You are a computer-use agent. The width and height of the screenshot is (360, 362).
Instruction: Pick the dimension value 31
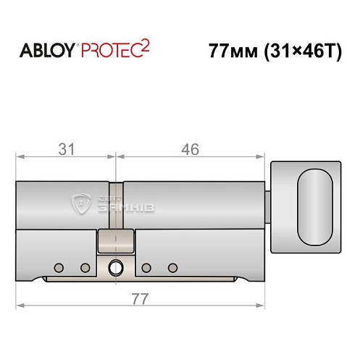pyautogui.click(x=66, y=149)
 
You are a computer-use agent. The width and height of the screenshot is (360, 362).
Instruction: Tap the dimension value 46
pyautogui.click(x=190, y=149)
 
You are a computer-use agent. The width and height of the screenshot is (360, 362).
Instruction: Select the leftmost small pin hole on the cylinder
pyautogui.click(x=59, y=268)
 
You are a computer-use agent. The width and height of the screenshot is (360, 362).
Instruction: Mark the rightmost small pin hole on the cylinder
pyautogui.click(x=172, y=268)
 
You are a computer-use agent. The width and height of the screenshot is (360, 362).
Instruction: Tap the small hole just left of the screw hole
pyautogui.click(x=85, y=268)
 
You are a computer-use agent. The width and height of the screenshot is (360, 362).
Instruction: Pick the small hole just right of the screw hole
pyautogui.click(x=146, y=268)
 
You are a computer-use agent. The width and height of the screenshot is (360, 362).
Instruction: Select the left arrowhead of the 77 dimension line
pyautogui.click(x=20, y=306)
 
